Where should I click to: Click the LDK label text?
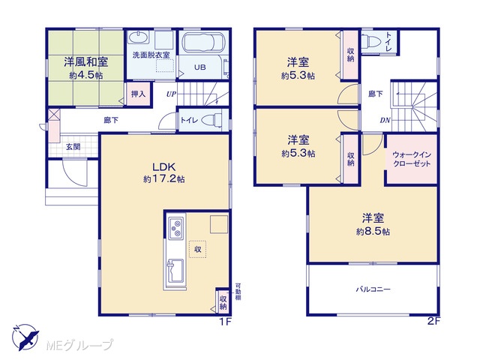[x=164, y=167]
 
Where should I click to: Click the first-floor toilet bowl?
[x=213, y=120]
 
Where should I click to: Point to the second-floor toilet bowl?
[x=370, y=40]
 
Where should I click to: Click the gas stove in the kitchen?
[x=176, y=228]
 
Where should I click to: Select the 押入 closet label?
[x=138, y=94]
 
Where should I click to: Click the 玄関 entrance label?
[x=73, y=147]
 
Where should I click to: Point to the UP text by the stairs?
[x=171, y=94]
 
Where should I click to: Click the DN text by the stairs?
[x=385, y=120]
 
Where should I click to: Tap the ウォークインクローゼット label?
[x=412, y=159]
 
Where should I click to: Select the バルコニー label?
[x=373, y=289]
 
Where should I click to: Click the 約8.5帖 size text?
[x=373, y=232]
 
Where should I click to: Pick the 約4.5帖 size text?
[x=86, y=75]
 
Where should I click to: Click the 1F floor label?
[x=226, y=322]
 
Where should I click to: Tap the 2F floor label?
[x=433, y=322]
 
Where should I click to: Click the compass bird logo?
[x=25, y=337]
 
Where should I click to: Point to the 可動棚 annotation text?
[x=238, y=292]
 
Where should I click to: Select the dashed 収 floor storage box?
[x=197, y=249]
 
